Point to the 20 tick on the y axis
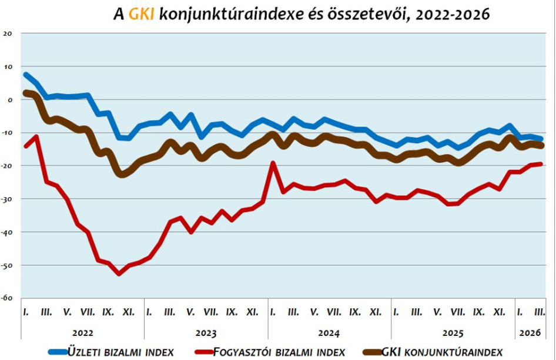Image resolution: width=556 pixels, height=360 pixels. coord(8,33)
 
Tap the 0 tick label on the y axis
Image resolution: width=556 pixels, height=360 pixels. coord(9,100)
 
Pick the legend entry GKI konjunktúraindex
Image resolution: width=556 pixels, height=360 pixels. coord(441,351)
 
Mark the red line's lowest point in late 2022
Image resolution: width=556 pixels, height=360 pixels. coord(119,274)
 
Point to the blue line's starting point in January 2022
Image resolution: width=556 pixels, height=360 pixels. coord(26,75)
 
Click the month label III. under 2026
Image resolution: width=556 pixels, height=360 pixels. coord(539,312)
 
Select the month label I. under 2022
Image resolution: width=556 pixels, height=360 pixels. coord(26,312)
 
